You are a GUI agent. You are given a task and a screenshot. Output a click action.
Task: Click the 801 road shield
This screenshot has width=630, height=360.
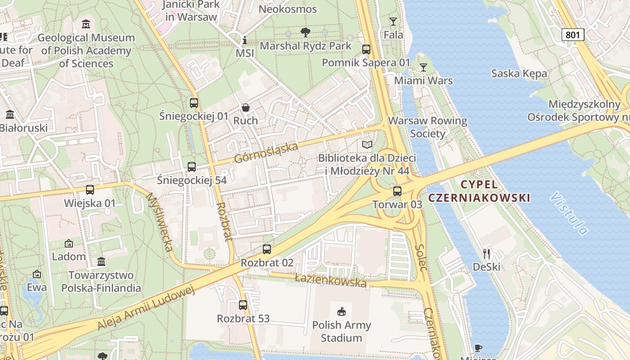pyautogui.click(x=572, y=35)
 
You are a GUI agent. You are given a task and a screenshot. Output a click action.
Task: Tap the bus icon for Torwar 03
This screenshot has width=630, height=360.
pyautogui.click(x=397, y=191)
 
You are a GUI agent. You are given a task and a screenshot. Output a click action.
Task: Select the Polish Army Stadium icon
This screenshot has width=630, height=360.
pyautogui.click(x=342, y=311)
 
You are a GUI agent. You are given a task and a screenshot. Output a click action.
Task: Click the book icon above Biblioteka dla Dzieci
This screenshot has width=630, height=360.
pyautogui.click(x=367, y=145)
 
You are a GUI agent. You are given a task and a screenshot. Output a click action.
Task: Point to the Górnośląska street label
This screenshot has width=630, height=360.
pyautogui.click(x=266, y=153)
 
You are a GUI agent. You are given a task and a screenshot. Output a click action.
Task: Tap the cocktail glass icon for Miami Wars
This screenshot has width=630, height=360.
pyautogui.click(x=423, y=67)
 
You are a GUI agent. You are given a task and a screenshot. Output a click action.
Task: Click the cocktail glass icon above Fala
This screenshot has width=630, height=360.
pyautogui.click(x=393, y=22)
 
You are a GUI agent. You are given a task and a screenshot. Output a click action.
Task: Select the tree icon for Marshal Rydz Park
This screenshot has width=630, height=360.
pyautogui.click(x=306, y=32)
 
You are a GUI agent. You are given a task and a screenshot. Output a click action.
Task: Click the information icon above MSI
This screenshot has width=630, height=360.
pyautogui.click(x=244, y=40)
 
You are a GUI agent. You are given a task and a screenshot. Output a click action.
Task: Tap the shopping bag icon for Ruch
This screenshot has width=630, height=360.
pyautogui.click(x=245, y=108)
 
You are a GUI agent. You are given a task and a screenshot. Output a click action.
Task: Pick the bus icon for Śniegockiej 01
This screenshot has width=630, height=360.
pyautogui.click(x=193, y=103)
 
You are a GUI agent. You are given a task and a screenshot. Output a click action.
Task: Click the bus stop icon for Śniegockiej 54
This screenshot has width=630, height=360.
pyautogui.click(x=191, y=167)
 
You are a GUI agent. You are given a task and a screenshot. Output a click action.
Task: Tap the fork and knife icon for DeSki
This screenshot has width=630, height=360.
pyautogui.click(x=486, y=254)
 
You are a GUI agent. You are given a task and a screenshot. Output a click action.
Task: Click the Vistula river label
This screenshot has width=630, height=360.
pyautogui.click(x=569, y=213)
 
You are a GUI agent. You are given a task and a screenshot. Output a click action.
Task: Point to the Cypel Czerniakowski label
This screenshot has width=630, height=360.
pyautogui.click(x=479, y=191)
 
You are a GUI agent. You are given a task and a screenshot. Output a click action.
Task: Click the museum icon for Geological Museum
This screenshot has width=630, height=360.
pyautogui.click(x=85, y=24)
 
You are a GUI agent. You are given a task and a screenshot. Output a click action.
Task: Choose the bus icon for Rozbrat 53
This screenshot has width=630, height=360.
pyautogui.click(x=243, y=305)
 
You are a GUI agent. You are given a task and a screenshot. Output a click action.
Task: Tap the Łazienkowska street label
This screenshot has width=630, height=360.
pyautogui.click(x=331, y=281)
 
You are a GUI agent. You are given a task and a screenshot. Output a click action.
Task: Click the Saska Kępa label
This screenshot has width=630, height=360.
pyautogui.click(x=519, y=73)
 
